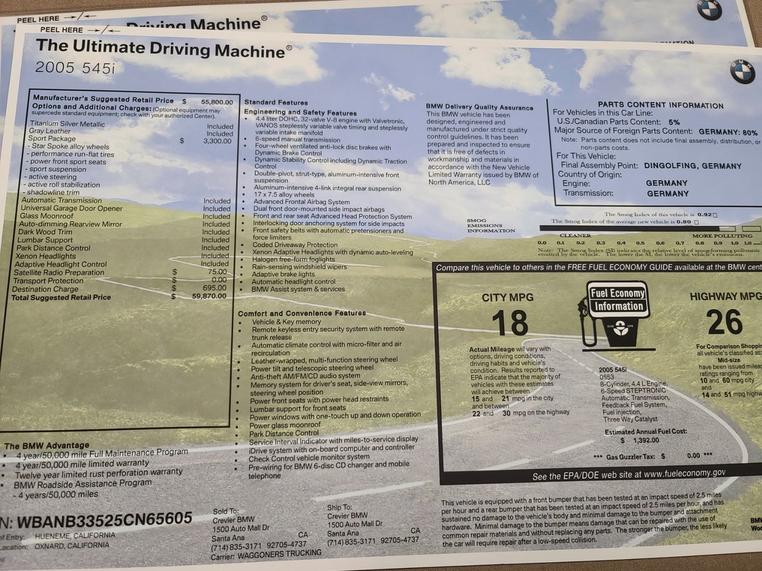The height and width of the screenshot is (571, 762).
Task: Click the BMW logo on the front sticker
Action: coord(742,72)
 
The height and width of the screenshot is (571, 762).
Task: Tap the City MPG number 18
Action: coord(510,322)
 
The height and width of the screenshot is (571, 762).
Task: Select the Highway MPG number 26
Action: coord(724,322)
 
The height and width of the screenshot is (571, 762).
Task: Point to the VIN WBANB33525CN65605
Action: coord(105,520)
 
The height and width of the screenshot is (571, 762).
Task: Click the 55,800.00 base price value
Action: coord(217,102)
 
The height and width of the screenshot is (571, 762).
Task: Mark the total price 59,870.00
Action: coord(217,296)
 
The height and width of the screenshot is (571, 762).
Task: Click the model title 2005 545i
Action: coord(75,67)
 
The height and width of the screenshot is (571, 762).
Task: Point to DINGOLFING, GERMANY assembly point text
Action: coord(692,166)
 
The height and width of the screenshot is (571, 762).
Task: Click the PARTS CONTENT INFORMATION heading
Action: coord(660,106)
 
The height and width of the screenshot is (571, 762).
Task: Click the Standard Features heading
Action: coord(276,102)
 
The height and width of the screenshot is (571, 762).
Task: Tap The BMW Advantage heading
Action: coord(47,445)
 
